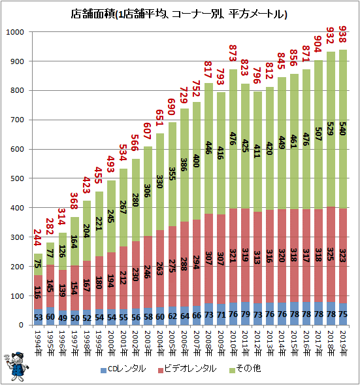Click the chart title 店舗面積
(180, 14)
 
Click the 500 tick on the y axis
(16, 178)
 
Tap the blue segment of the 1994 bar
(39, 317)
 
